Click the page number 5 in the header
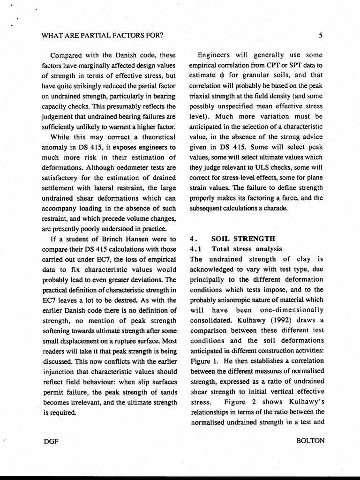321,35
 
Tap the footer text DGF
49,441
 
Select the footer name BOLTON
310,441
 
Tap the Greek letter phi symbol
222,75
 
